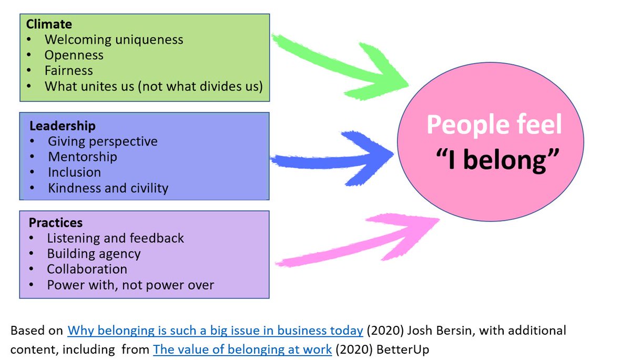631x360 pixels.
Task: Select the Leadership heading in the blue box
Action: [x=63, y=126]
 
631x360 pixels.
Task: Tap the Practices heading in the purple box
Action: [x=56, y=223]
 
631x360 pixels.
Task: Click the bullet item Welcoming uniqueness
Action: [x=114, y=40]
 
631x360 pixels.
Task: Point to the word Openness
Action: [x=74, y=55]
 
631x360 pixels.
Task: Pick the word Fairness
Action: [x=68, y=70]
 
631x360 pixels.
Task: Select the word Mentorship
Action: [x=83, y=157]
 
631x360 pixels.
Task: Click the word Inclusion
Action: [x=74, y=172]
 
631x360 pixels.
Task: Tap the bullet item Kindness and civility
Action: [x=108, y=188]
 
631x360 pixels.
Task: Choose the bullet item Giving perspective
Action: [x=103, y=141]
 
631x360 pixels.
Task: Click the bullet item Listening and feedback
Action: [x=115, y=238]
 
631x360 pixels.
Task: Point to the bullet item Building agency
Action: [x=94, y=254]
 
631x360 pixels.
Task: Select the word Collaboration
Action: [x=87, y=269]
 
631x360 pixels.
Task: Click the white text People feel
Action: [x=494, y=126]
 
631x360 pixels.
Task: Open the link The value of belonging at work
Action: [x=242, y=349]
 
